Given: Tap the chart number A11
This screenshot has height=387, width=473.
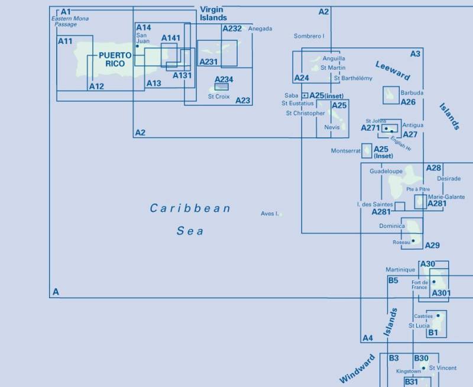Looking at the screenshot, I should point(65,41).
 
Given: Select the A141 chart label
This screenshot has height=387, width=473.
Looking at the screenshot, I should point(170,38).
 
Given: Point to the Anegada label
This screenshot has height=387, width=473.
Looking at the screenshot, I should point(260,28).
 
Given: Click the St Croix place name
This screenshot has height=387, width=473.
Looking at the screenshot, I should point(219,96).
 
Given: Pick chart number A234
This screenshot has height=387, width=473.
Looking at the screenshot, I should point(223,80).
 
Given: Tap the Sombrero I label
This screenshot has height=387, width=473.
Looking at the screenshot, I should point(309,36).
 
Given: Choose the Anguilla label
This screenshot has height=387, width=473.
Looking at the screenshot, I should point(333,59).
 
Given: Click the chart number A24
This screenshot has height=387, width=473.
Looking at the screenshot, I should point(302,78).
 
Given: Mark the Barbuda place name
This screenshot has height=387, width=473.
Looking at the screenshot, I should point(412,93).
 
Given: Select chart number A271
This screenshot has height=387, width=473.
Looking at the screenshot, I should point(371,128).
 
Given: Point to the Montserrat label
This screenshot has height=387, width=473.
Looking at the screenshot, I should point(345,151).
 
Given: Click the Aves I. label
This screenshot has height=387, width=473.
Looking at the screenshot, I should point(269,214).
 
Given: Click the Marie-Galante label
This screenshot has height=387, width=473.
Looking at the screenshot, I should point(446,197).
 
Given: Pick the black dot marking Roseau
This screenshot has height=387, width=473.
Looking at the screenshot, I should point(413,240).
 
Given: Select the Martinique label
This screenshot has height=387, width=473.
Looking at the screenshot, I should point(400,270).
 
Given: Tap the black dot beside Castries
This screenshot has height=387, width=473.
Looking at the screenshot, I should point(438,315).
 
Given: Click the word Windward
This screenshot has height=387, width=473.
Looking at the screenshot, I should point(357,369).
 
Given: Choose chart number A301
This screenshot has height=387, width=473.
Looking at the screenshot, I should point(441,293).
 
